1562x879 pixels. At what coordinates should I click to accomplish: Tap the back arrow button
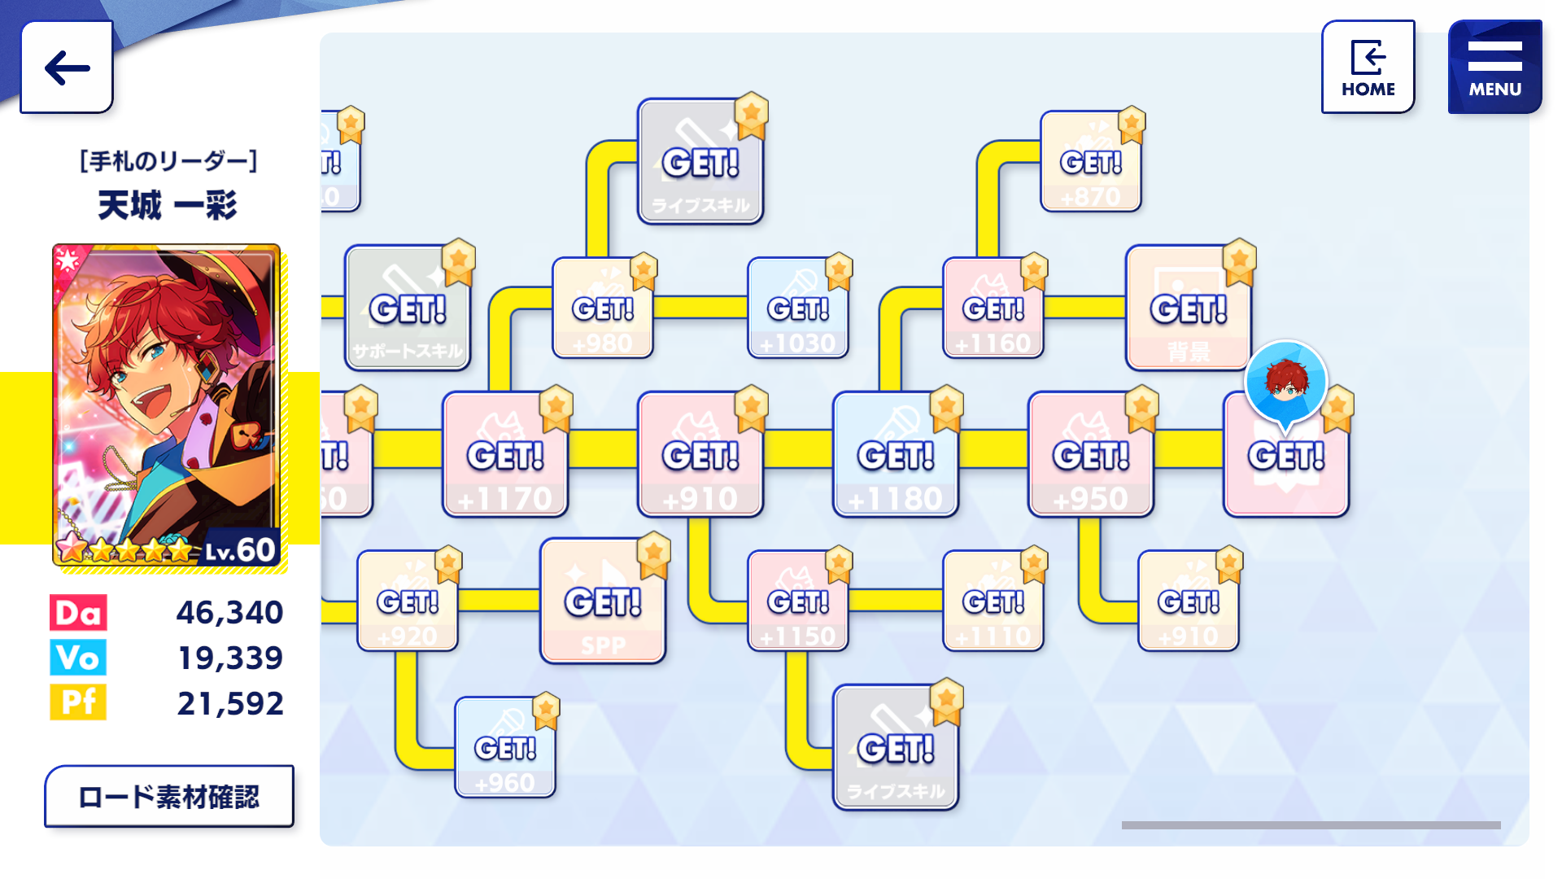point(67,67)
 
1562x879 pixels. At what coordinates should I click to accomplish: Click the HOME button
point(1368,67)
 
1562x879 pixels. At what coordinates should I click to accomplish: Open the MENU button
point(1494,67)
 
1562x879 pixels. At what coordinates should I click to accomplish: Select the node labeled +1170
point(505,455)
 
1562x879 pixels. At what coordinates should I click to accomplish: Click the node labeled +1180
point(896,455)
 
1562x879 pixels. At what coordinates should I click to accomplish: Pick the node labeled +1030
point(798,308)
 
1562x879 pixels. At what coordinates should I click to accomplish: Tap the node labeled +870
point(1091,162)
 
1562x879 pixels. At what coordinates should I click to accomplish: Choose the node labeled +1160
point(993,308)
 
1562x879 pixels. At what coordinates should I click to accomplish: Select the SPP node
point(603,601)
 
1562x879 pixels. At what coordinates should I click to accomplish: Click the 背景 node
point(1189,308)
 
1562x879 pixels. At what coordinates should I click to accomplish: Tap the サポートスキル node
point(408,308)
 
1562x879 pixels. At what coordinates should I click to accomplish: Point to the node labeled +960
point(505,748)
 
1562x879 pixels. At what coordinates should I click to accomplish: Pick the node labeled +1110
point(993,601)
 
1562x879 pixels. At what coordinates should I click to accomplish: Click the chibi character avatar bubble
point(1286,381)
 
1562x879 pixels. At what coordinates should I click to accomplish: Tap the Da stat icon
point(78,613)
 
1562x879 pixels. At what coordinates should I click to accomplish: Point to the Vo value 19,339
point(230,658)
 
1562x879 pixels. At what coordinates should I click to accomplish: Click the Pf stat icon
point(78,702)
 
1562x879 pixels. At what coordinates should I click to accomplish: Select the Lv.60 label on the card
point(239,551)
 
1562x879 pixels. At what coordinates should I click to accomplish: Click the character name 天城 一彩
point(168,205)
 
